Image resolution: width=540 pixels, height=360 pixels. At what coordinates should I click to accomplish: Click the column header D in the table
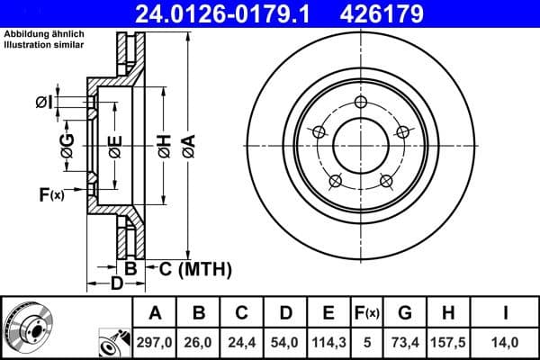pyautogui.click(x=284, y=313)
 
